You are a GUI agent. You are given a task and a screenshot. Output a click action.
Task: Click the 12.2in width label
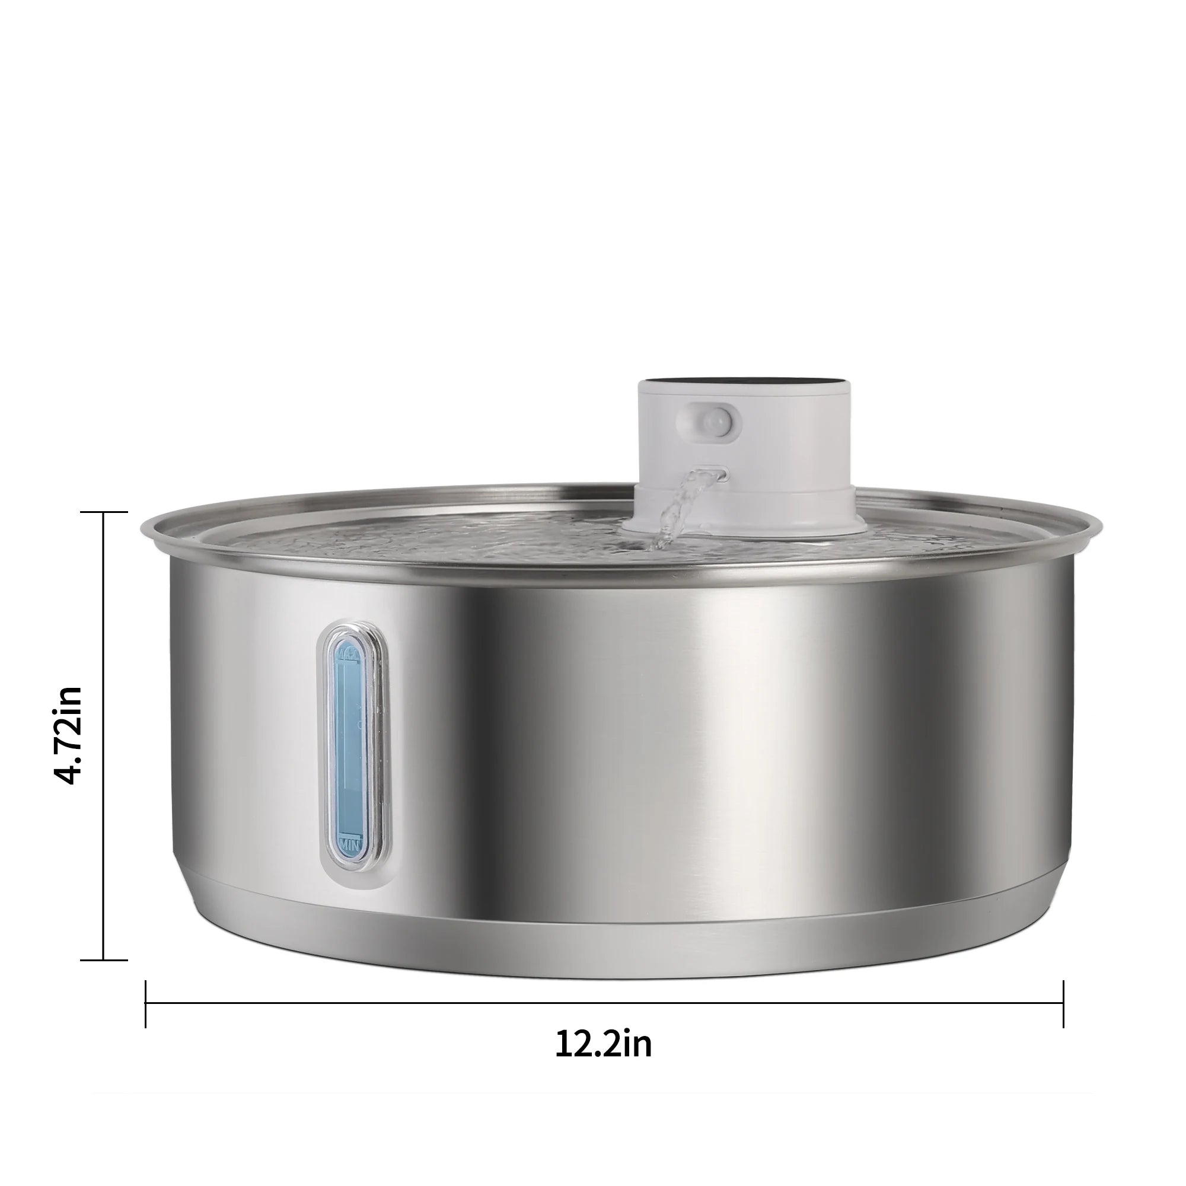pos(603,1043)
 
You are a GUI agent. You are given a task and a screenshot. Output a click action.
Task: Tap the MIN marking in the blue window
pos(348,841)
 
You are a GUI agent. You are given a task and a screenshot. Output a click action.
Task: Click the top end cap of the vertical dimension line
pos(104,511)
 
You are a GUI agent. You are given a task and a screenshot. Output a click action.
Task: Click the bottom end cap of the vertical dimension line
pos(104,959)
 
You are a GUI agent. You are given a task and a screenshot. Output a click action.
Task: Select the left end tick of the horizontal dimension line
pos(145,1004)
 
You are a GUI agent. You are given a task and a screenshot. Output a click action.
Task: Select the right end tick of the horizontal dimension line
pos(1063,1004)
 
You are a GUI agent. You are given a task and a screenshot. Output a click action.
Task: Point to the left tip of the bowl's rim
pos(143,528)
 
